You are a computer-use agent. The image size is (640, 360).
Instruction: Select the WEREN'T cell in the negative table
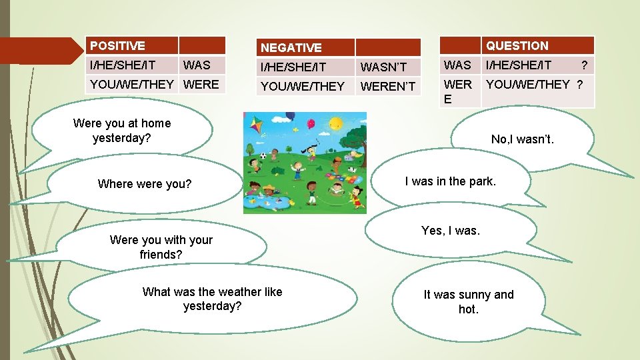(x=387, y=86)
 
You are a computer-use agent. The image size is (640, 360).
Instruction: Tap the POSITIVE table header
(x=117, y=46)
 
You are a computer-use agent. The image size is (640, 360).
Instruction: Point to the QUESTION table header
(x=517, y=46)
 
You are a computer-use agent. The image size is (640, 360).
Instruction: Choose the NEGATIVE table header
(x=291, y=47)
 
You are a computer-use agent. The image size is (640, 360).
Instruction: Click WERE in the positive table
(x=201, y=84)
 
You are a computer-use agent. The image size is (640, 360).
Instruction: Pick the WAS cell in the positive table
(x=196, y=65)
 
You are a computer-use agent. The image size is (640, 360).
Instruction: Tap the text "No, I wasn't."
(x=522, y=139)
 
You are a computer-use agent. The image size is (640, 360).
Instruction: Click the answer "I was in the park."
(x=451, y=181)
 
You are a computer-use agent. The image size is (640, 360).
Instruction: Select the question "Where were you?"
(x=144, y=184)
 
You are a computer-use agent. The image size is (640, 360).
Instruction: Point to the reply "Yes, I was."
(x=450, y=231)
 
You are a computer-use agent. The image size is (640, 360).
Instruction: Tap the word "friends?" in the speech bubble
(x=161, y=255)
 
